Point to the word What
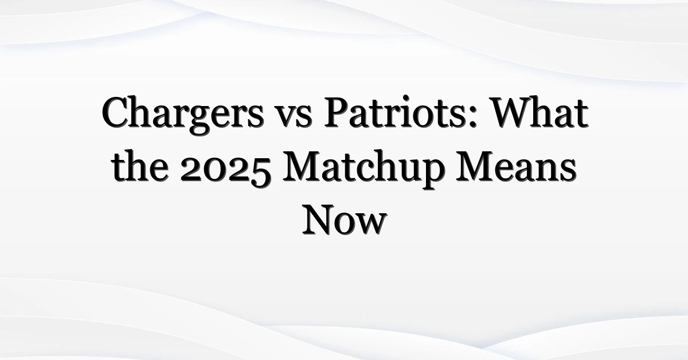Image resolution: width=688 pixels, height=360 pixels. click(x=540, y=112)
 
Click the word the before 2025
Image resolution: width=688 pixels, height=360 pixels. click(x=140, y=166)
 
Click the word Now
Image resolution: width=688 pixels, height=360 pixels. click(x=344, y=220)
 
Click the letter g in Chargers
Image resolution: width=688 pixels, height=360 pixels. click(x=200, y=122)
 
